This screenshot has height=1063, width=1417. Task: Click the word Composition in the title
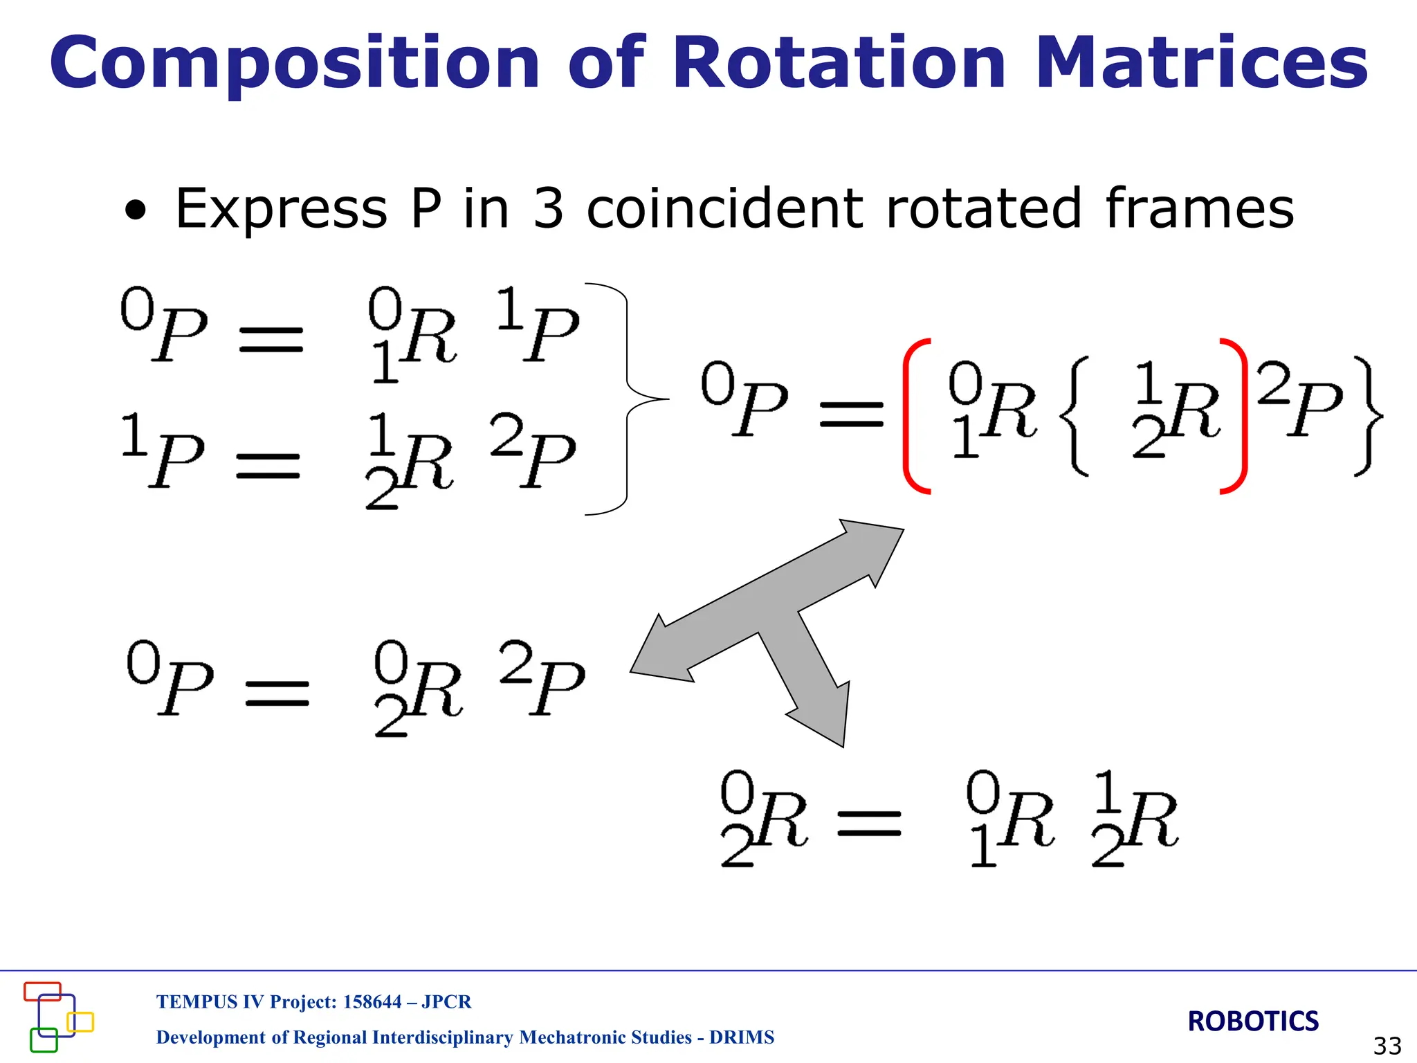click(x=294, y=64)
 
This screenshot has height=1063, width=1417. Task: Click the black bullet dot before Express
click(x=136, y=212)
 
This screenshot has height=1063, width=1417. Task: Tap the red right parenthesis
click(x=1236, y=415)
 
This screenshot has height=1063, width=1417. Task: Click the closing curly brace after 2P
click(x=1366, y=415)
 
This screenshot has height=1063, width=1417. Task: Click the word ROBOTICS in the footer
click(x=1253, y=1021)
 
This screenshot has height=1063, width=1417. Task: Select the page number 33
click(x=1387, y=1046)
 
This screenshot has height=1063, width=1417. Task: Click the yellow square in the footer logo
click(x=80, y=1021)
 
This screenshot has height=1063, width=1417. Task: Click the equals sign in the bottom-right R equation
click(x=869, y=824)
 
